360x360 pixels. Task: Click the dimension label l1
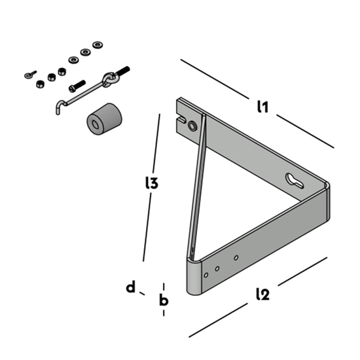(x=262, y=107)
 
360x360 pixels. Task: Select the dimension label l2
(x=262, y=295)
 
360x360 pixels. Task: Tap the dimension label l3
(x=152, y=184)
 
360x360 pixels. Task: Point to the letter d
(x=131, y=287)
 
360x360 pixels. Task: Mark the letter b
(x=164, y=300)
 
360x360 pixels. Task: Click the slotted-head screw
(x=77, y=85)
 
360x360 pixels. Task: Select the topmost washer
(x=98, y=45)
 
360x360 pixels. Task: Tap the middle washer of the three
(x=85, y=52)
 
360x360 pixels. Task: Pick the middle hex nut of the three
(x=50, y=75)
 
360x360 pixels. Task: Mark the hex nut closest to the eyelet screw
(x=39, y=82)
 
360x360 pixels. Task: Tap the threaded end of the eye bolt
(x=124, y=70)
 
